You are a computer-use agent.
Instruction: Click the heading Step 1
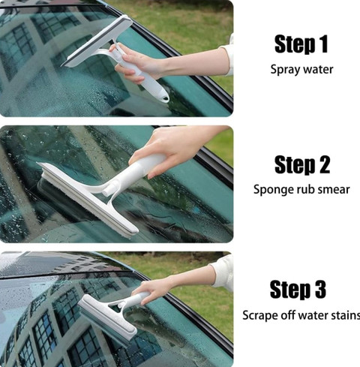point(301,44)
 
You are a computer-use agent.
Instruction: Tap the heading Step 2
point(302,164)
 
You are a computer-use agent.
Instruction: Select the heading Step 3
point(298,289)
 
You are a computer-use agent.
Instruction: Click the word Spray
point(283,70)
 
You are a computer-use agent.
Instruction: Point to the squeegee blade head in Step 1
point(97,41)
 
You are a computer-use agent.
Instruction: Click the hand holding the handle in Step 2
point(169,148)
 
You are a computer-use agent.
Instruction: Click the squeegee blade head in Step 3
point(107,317)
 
